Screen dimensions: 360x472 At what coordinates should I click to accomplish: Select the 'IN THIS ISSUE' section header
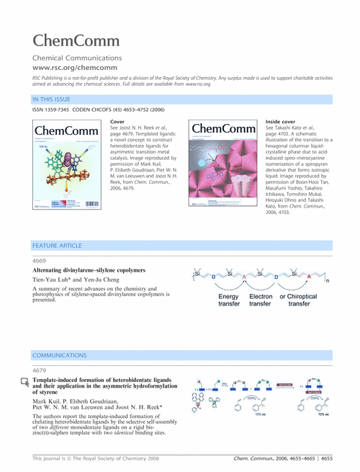[52, 99]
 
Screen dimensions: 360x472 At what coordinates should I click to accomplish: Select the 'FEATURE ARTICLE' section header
[58, 246]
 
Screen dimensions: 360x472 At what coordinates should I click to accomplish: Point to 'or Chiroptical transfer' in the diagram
[304, 300]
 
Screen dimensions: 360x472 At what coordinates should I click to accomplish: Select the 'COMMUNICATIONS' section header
[61, 356]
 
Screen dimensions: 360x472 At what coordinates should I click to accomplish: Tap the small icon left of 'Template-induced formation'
[24, 381]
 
